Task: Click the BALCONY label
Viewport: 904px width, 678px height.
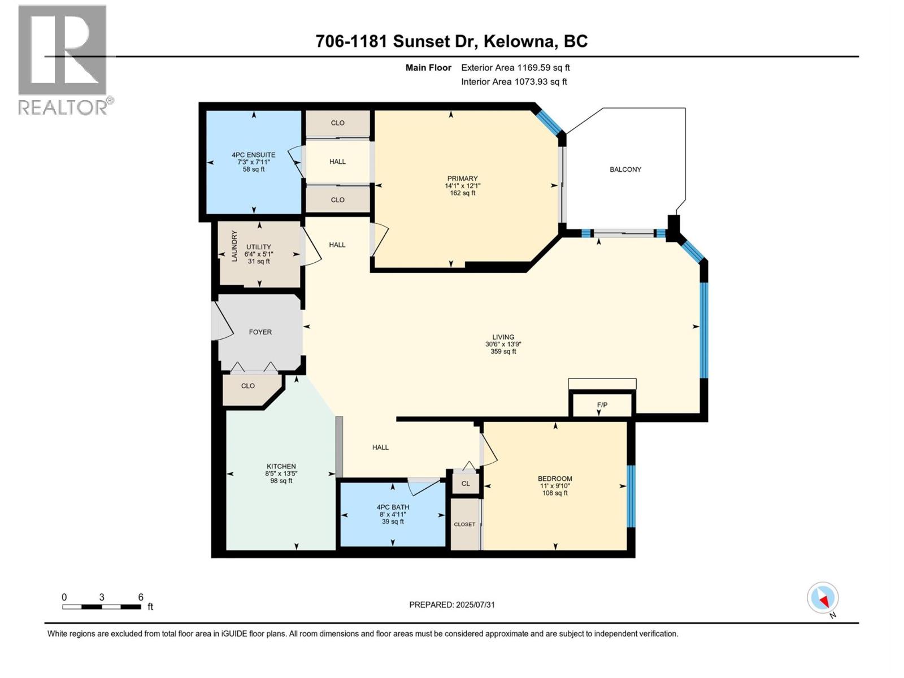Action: pyautogui.click(x=625, y=169)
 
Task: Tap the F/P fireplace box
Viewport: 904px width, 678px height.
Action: pyautogui.click(x=602, y=405)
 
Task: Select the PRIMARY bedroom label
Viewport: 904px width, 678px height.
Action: pyautogui.click(x=462, y=179)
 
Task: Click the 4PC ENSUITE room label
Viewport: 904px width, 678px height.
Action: pyautogui.click(x=253, y=155)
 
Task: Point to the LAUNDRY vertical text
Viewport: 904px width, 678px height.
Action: pyautogui.click(x=234, y=246)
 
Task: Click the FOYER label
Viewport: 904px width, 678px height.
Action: pyautogui.click(x=260, y=332)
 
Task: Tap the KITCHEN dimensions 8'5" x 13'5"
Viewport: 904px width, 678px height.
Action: pyautogui.click(x=281, y=474)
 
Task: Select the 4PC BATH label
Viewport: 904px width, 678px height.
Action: pyautogui.click(x=393, y=507)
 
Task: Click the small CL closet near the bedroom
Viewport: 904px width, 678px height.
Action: pyautogui.click(x=466, y=484)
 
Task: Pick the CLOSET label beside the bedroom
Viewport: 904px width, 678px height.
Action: pyautogui.click(x=464, y=524)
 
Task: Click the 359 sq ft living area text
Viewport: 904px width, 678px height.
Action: pyautogui.click(x=503, y=351)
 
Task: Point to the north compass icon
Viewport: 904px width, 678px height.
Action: pyautogui.click(x=823, y=598)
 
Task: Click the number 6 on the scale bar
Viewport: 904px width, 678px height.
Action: pyautogui.click(x=141, y=597)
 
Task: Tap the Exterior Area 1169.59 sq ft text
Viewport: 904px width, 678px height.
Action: pyautogui.click(x=515, y=68)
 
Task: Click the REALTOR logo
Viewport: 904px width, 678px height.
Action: pyautogui.click(x=63, y=59)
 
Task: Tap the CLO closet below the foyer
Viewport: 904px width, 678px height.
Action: pyautogui.click(x=248, y=386)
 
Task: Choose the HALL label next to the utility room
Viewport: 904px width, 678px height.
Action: pyautogui.click(x=337, y=245)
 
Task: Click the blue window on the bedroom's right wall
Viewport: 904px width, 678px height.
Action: pyautogui.click(x=631, y=496)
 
